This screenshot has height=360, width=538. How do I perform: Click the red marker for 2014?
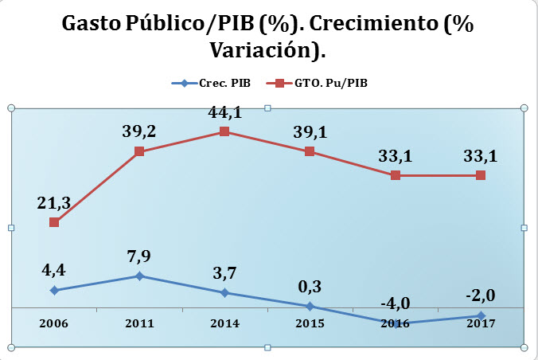224,131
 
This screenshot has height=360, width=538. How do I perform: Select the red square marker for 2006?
54,222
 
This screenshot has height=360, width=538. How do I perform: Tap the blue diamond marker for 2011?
139,276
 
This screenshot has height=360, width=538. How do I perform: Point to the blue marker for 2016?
396,323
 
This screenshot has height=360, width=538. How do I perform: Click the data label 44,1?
224,112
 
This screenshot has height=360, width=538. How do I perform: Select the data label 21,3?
54,203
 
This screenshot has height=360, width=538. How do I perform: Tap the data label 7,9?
139,257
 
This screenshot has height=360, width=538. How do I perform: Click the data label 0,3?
310,287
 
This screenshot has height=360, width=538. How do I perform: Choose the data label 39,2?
139,132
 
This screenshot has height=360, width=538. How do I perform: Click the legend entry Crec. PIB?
216,82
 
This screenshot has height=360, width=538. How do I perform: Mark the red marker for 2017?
481,175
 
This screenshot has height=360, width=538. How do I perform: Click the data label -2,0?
481,296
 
